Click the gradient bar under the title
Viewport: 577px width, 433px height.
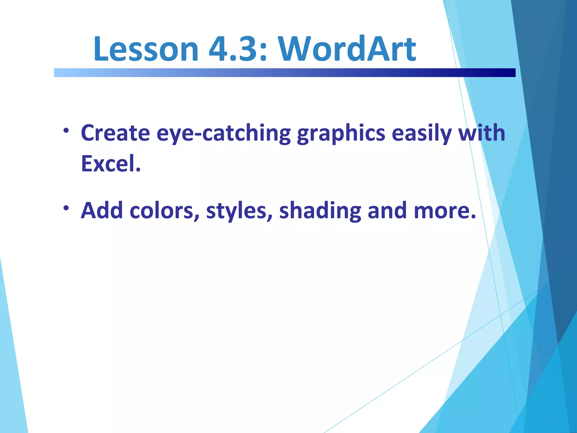(x=285, y=73)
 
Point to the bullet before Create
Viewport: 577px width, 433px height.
(x=66, y=131)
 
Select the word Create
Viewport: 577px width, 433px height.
(x=115, y=133)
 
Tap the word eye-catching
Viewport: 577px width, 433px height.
(x=224, y=133)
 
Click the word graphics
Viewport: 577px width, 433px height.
(x=341, y=133)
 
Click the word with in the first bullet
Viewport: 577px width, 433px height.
(x=482, y=133)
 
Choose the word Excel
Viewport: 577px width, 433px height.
(x=111, y=164)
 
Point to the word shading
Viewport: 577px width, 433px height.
(x=320, y=211)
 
